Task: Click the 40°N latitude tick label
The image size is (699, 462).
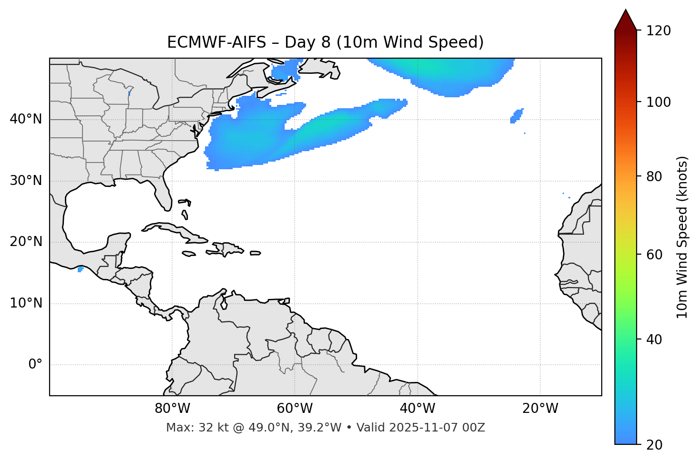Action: [26, 119]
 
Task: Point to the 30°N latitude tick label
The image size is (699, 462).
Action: [26, 181]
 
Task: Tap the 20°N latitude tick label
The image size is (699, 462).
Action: [26, 242]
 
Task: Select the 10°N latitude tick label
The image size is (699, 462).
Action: [26, 303]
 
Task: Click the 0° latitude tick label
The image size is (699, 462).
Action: [35, 365]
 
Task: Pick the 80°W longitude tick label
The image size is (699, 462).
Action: [172, 409]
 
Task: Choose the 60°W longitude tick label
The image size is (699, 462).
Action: [295, 409]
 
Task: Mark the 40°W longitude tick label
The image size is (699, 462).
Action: [418, 409]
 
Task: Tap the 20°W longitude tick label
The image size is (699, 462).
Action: [540, 409]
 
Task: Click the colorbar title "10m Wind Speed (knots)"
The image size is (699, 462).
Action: [682, 237]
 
